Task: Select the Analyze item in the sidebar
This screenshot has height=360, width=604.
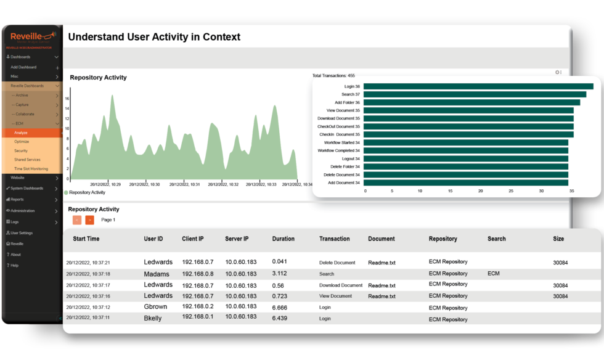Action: (x=21, y=133)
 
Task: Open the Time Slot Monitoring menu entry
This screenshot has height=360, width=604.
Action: (x=31, y=168)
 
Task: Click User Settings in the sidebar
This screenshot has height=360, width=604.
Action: (x=22, y=233)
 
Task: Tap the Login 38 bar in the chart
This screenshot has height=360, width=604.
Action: (x=478, y=86)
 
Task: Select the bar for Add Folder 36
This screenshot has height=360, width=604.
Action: (x=471, y=102)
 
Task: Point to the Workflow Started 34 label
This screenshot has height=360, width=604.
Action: (x=338, y=142)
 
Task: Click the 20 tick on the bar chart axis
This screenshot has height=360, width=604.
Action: (x=481, y=191)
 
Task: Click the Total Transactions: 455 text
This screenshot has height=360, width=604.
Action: (x=333, y=76)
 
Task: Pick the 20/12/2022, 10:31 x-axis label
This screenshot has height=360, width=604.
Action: (x=184, y=184)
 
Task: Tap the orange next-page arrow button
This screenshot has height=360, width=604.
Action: (x=90, y=220)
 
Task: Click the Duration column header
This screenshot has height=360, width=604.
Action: (x=284, y=239)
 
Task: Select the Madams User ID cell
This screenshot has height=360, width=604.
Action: (x=157, y=274)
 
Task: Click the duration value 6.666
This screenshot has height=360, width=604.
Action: (x=279, y=308)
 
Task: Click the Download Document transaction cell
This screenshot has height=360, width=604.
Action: (x=340, y=285)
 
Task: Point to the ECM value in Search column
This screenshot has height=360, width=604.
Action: (x=494, y=274)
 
